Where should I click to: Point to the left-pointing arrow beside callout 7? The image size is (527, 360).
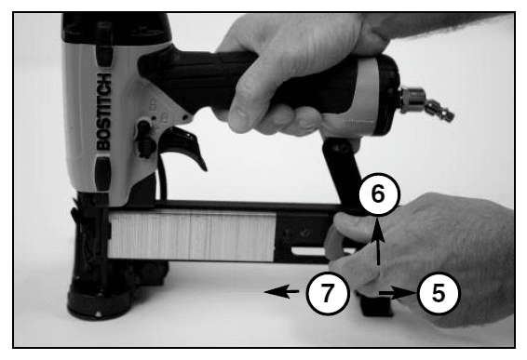[x=281, y=292]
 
